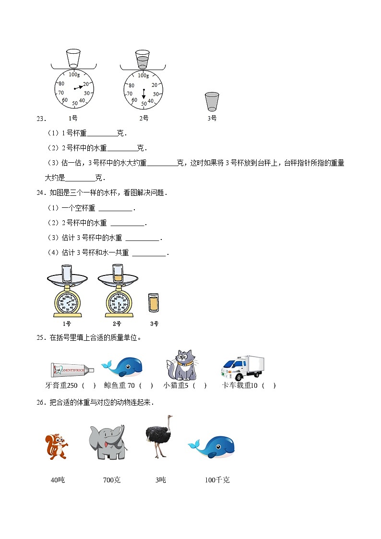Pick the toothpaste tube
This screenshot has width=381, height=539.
(x=72, y=370)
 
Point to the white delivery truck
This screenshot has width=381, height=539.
(x=243, y=368)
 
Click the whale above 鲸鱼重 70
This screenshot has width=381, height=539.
(x=122, y=367)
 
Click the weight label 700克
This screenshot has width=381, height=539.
(x=112, y=479)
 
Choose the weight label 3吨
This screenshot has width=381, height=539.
(x=160, y=479)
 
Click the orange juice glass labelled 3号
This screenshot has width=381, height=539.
(x=154, y=303)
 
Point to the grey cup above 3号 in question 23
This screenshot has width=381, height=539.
(x=212, y=102)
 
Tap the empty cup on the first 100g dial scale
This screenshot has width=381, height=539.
(x=73, y=58)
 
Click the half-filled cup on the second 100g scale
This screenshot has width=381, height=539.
(x=143, y=59)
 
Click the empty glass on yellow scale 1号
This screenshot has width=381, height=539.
(x=67, y=274)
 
